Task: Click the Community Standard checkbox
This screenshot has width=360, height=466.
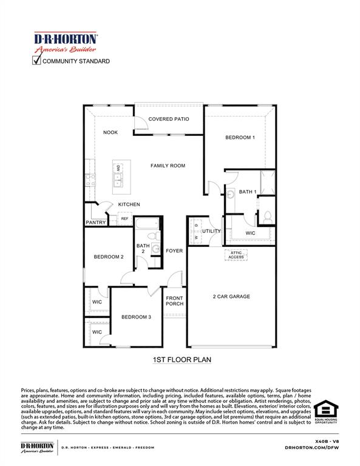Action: (36, 61)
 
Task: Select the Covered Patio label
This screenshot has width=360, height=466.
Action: (169, 120)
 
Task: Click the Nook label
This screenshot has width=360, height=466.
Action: (110, 132)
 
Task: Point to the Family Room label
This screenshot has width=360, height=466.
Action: (168, 165)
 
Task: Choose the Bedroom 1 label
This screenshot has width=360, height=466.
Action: (240, 138)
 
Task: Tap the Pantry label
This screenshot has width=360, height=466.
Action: (96, 223)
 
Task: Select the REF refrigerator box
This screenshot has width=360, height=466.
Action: (124, 218)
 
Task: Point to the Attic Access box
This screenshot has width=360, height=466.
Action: (236, 255)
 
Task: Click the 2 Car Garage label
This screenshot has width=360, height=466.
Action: (231, 297)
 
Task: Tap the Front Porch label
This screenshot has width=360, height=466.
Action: (175, 301)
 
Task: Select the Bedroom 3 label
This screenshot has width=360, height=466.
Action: (136, 317)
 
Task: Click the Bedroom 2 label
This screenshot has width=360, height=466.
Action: (109, 257)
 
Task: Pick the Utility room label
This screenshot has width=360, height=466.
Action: (212, 231)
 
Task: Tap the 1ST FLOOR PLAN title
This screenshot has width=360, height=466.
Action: (182, 360)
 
